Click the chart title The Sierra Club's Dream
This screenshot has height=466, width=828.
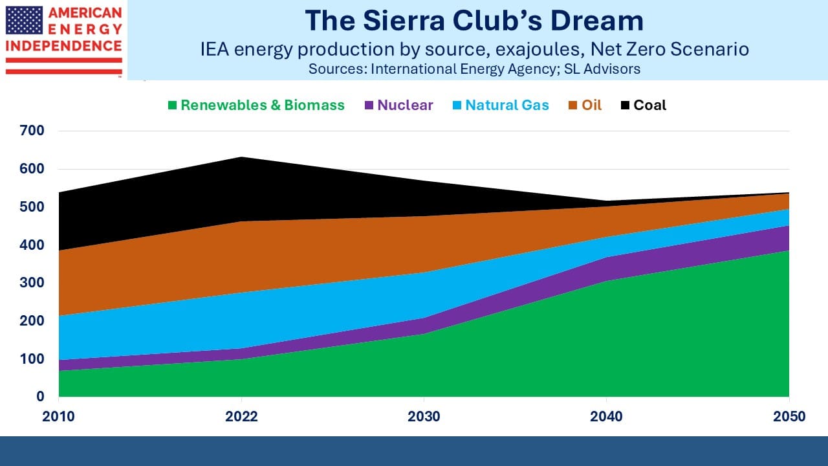click(x=474, y=21)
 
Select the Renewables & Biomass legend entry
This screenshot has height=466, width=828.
click(x=256, y=105)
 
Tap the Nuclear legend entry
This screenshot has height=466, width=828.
click(x=398, y=105)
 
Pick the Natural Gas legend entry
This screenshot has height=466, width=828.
click(x=501, y=105)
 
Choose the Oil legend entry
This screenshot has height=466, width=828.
click(x=585, y=105)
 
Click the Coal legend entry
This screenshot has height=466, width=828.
click(x=644, y=105)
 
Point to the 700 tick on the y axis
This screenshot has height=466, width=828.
click(x=32, y=131)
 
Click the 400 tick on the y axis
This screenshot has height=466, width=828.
click(x=32, y=245)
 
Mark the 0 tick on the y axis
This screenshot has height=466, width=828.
click(x=40, y=397)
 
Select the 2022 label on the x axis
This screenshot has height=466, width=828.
click(x=241, y=417)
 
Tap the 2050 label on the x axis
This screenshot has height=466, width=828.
click(x=789, y=417)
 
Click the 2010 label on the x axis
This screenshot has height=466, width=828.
click(x=58, y=417)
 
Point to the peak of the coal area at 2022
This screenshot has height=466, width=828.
click(x=241, y=157)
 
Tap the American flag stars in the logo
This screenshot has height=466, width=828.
click(x=24, y=20)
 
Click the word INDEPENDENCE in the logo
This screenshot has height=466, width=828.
click(x=63, y=46)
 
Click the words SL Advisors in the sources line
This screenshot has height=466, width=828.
click(x=602, y=69)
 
